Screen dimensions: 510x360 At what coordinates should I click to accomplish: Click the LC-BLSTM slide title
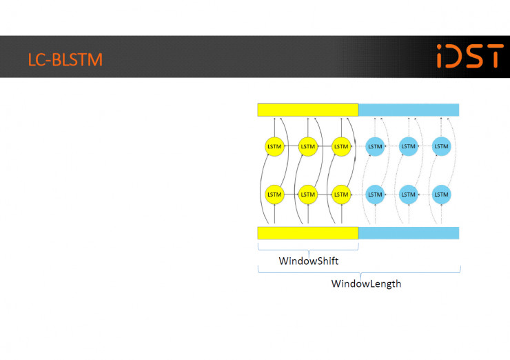[65, 59]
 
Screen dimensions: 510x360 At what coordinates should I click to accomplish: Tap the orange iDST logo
[470, 56]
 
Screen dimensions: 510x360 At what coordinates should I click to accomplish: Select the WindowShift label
[308, 261]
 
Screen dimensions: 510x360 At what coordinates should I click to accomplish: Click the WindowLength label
[366, 283]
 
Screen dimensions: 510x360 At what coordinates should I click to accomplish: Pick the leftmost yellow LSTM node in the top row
[274, 146]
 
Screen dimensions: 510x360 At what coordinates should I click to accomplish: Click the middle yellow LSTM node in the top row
[308, 146]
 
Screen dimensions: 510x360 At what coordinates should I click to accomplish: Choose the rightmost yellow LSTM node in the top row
[341, 146]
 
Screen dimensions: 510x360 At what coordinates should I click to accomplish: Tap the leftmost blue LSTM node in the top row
[375, 146]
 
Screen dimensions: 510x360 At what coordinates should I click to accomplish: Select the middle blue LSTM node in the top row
[408, 146]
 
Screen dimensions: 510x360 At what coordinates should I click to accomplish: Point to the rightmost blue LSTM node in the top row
[441, 146]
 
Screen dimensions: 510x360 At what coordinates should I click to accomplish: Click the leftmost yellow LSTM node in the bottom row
[274, 194]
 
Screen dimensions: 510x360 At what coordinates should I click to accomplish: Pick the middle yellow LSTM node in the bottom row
[308, 194]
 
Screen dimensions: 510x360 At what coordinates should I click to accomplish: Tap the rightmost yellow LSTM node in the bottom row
[341, 194]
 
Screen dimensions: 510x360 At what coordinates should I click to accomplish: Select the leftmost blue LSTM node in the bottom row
[375, 194]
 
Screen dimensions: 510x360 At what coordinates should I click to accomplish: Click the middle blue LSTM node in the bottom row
[408, 194]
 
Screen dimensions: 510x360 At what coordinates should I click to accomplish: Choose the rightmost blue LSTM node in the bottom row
[441, 194]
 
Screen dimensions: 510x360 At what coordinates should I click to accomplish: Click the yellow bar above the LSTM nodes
[307, 110]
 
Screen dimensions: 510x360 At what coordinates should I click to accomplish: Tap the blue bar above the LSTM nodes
[409, 110]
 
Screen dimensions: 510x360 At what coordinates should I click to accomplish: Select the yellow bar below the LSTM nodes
[307, 233]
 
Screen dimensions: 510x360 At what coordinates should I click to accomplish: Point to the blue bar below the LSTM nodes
[409, 233]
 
